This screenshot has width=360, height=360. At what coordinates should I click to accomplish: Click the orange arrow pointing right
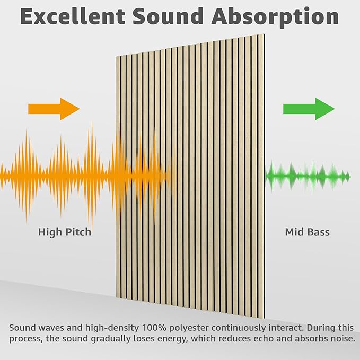click(x=54, y=109)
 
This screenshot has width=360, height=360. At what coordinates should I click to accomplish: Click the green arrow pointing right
click(x=309, y=109)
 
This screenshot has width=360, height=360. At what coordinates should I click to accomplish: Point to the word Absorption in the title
click(x=277, y=17)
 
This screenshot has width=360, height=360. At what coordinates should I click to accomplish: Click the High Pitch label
click(x=65, y=232)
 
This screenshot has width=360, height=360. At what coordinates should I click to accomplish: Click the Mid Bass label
click(x=308, y=232)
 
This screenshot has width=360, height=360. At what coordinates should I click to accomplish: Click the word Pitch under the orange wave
click(x=78, y=232)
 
